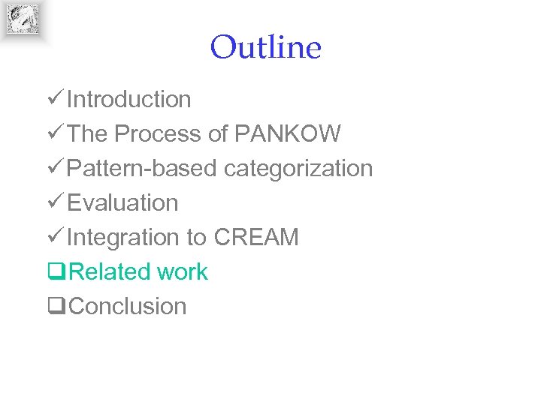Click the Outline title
click(266, 48)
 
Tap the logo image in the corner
click(23, 19)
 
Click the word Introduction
click(128, 99)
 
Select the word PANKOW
click(288, 133)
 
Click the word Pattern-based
click(143, 168)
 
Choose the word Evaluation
click(122, 202)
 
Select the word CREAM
click(256, 237)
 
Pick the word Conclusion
click(127, 306)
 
